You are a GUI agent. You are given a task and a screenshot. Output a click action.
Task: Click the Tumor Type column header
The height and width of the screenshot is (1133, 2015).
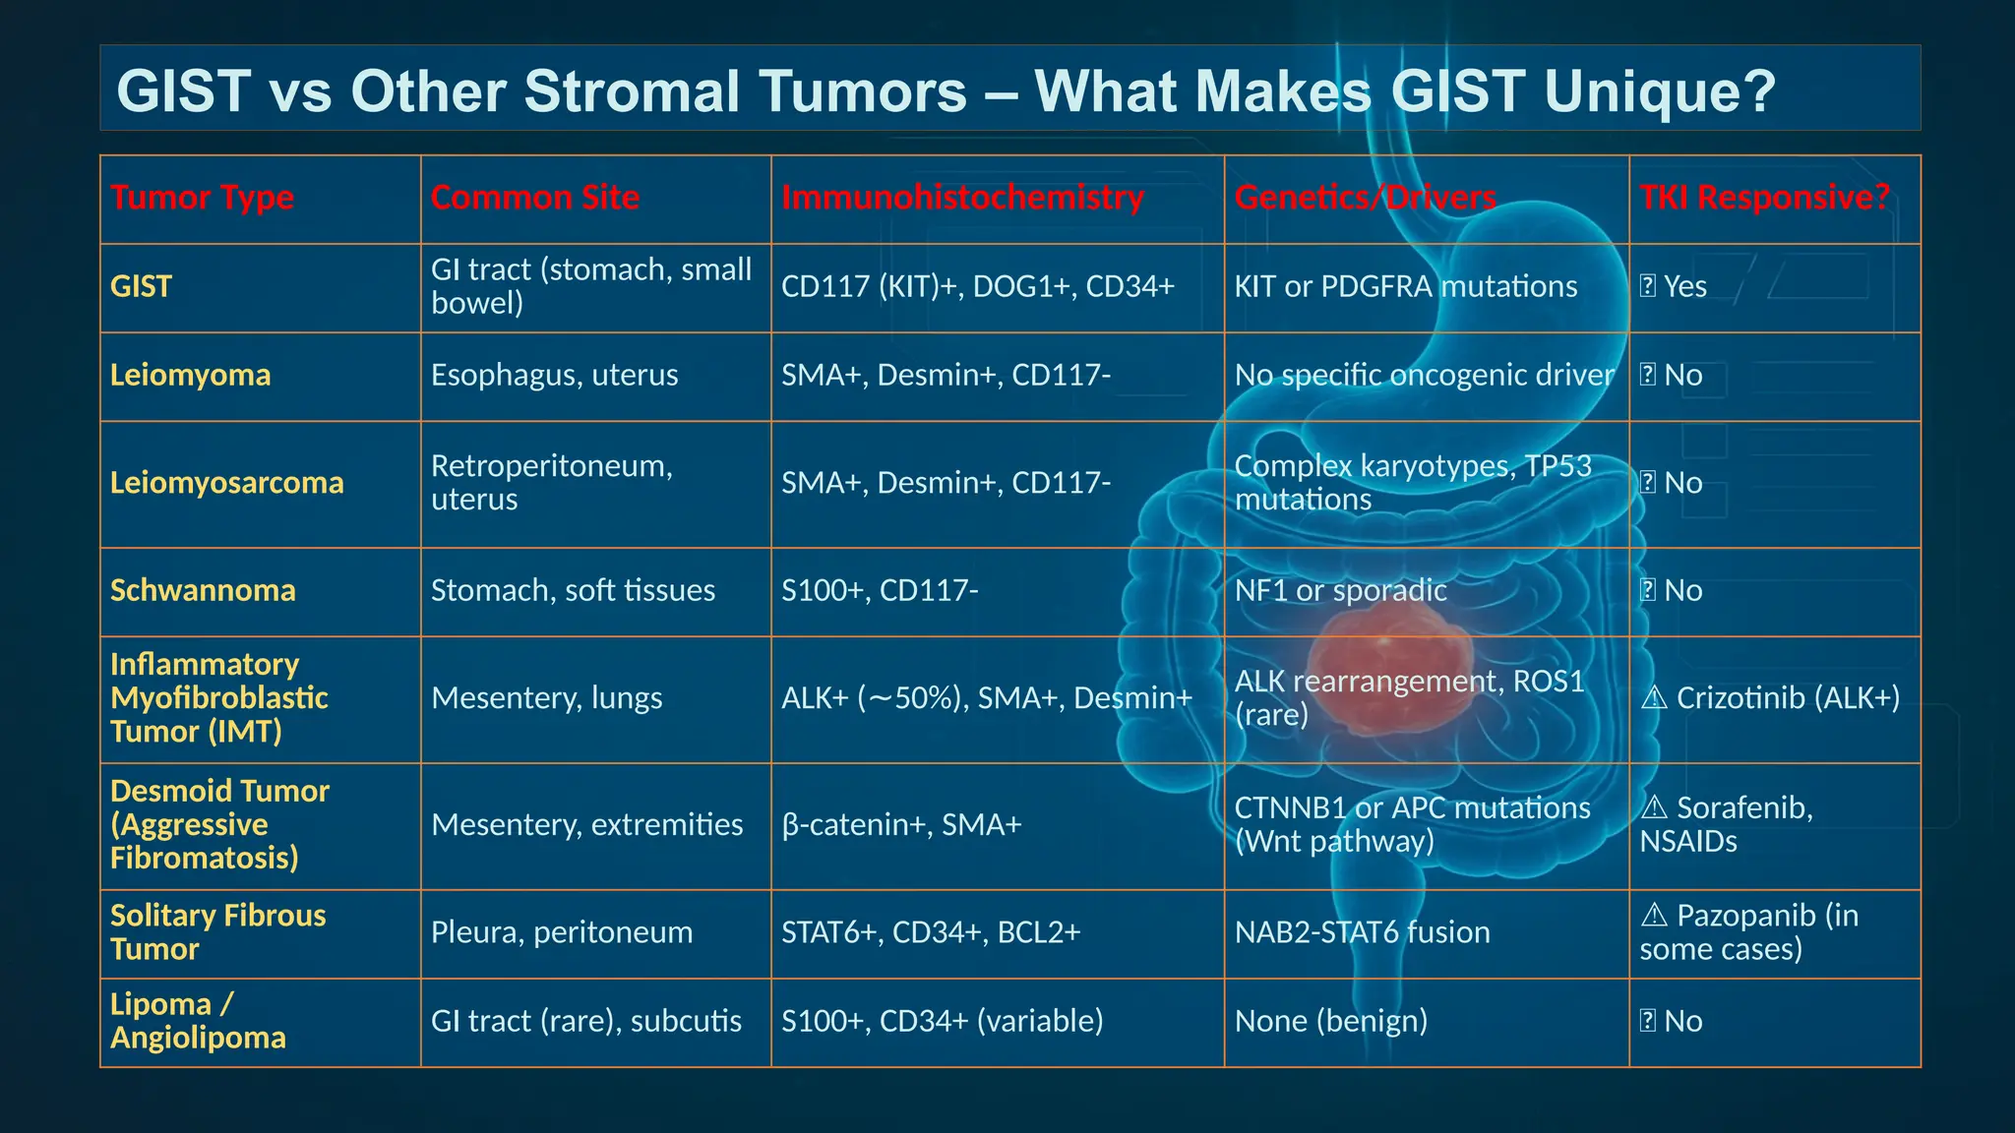202,198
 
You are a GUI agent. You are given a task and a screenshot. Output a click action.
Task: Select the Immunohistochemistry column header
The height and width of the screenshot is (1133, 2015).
962,198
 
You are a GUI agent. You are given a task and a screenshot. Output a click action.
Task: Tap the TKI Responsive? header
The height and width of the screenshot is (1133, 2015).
1764,198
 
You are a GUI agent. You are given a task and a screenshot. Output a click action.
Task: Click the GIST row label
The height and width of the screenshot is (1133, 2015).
141,286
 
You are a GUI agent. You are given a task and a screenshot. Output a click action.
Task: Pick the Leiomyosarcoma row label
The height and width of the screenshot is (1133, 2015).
226,483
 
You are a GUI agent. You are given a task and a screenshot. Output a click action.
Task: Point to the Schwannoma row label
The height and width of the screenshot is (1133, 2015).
203,590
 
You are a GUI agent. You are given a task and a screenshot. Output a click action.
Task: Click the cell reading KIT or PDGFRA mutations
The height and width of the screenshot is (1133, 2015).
1405,286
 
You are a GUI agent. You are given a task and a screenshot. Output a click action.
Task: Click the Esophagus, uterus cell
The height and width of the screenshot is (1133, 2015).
554,375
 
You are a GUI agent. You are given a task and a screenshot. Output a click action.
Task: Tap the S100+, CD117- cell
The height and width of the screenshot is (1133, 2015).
879,590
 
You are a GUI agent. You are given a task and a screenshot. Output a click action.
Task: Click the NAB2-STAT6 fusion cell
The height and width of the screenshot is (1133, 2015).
1362,932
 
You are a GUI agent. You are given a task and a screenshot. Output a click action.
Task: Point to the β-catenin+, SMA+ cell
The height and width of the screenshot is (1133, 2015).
901,824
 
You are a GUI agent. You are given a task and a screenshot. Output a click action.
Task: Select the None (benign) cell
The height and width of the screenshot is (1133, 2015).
1330,1021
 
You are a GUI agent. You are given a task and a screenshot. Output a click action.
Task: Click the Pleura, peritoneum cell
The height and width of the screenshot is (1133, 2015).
561,932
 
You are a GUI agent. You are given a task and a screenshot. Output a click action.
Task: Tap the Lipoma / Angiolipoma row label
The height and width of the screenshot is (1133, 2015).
197,1021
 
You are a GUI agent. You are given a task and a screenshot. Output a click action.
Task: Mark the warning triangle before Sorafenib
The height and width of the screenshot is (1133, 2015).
1654,807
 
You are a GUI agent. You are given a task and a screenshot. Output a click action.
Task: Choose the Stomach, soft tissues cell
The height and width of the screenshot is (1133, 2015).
573,590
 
